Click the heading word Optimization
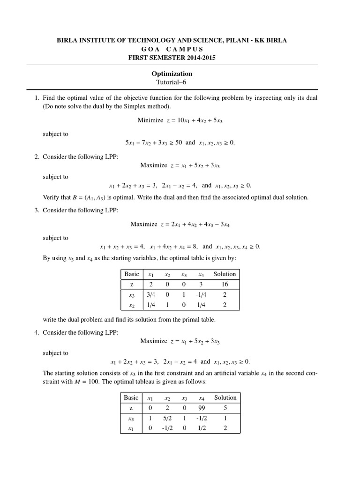tap(172, 74)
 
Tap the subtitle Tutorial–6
tap(172, 82)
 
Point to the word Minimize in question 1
tap(150, 120)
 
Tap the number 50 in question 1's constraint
tap(178, 142)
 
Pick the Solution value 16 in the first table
tap(225, 285)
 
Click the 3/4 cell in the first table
tap(151, 295)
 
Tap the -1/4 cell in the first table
tap(201, 295)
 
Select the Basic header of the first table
tap(131, 274)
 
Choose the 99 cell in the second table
tap(202, 408)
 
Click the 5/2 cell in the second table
tap(167, 418)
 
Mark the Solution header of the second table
tap(225, 397)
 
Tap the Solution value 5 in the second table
tap(225, 408)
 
